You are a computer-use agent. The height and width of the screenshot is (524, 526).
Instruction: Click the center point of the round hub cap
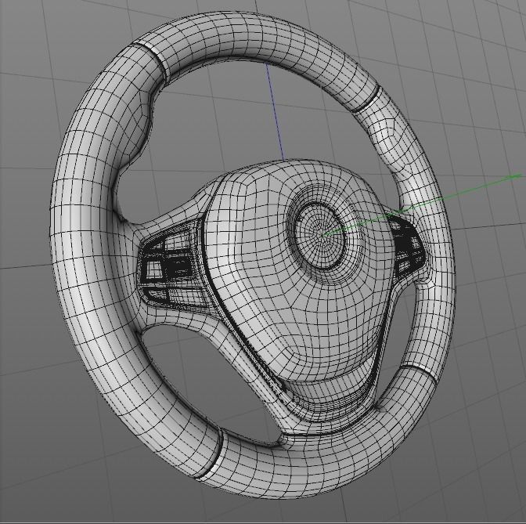click(x=322, y=233)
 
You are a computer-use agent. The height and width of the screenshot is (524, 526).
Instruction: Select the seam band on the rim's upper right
click(x=366, y=99)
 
